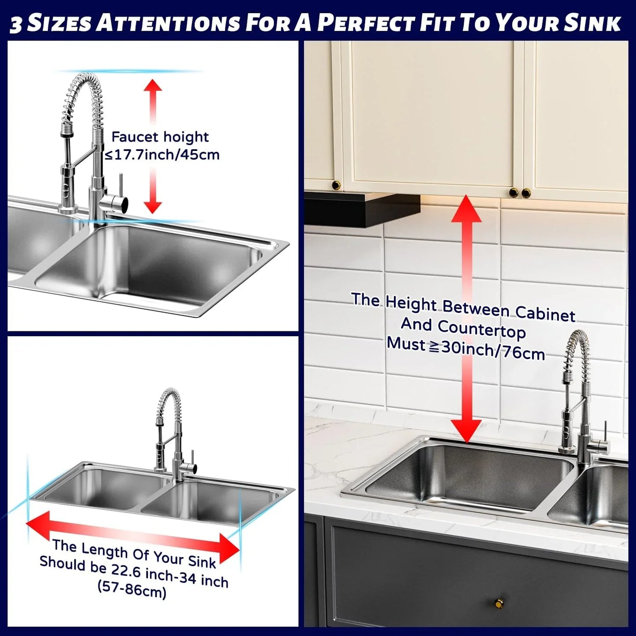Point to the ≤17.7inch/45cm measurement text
click(x=161, y=155)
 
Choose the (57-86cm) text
click(x=132, y=588)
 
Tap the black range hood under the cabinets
click(x=361, y=209)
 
